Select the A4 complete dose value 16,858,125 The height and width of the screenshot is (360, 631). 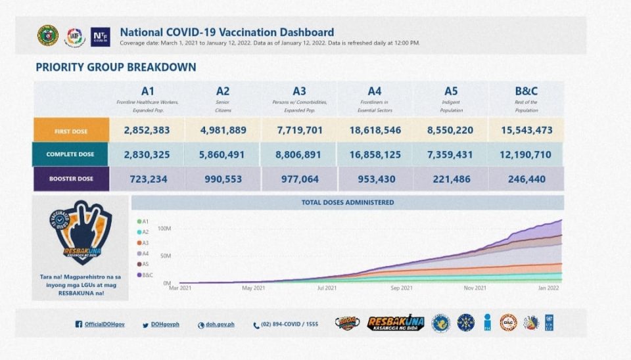375,154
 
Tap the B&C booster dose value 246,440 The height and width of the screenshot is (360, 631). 526,178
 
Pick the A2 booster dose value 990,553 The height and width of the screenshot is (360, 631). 223,178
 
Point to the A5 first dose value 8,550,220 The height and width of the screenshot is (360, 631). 450,130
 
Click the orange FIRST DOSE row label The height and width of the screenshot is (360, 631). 72,131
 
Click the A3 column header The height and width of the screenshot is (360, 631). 299,91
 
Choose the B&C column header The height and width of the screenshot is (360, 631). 526,91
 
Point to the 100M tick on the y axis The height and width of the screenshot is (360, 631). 164,229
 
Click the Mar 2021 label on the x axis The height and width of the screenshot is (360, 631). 181,288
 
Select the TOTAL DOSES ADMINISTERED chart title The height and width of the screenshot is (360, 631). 348,202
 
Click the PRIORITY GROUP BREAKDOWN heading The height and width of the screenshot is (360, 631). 116,67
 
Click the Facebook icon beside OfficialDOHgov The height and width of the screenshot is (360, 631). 79,325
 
